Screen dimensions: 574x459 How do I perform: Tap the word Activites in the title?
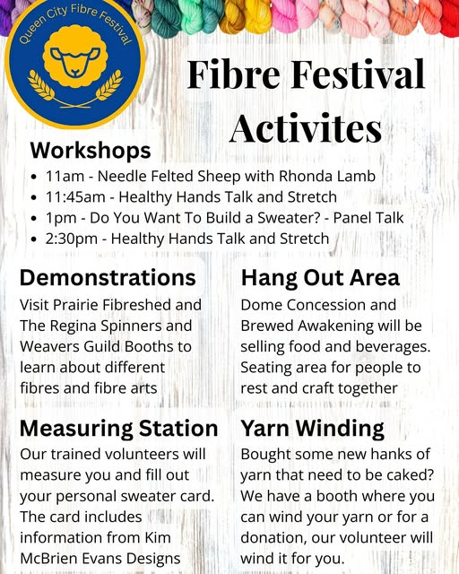coord(305,127)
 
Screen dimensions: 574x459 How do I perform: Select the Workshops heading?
coord(91,150)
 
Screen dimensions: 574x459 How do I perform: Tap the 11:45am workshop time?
coord(79,197)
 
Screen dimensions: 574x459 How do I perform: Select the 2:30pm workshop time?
coord(74,239)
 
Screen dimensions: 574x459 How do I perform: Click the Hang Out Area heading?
coord(320,278)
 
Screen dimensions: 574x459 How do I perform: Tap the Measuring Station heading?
coord(118,428)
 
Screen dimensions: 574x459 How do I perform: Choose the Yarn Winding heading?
coord(312,428)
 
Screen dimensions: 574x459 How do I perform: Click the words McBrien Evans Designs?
coord(100,558)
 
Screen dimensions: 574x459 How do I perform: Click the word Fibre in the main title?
coord(236,74)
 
